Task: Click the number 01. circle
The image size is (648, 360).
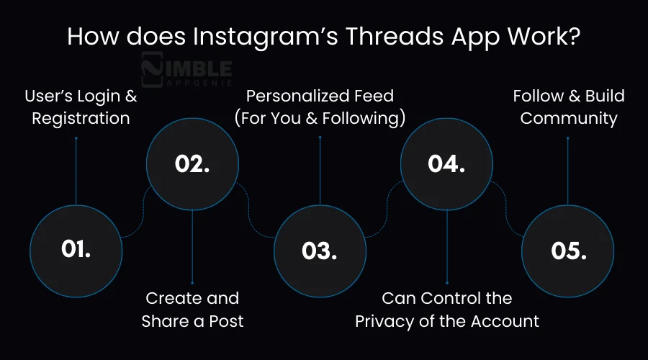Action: click(x=76, y=249)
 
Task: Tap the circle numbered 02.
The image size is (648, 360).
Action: click(x=192, y=164)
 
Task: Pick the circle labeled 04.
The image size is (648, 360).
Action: click(x=446, y=164)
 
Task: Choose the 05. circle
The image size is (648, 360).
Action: click(x=568, y=250)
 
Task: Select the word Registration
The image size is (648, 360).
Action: click(x=81, y=118)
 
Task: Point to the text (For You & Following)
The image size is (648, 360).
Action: click(x=320, y=118)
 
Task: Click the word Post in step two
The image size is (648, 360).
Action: click(x=225, y=321)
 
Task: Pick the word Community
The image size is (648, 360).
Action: click(x=569, y=118)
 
